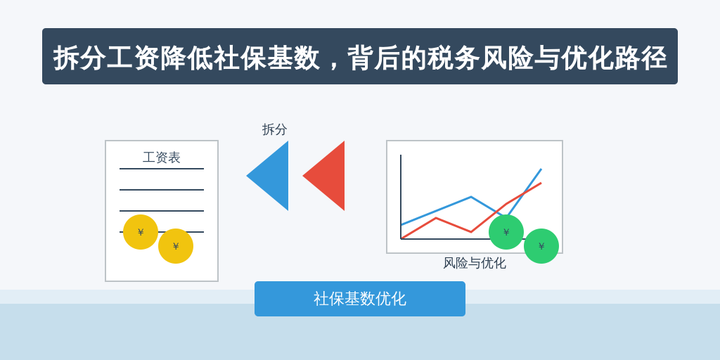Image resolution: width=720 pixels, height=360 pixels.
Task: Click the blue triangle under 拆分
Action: coord(274,176)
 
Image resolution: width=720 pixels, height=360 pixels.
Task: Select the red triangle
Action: coord(330,176)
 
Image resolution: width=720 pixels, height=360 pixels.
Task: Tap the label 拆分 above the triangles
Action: coord(275,129)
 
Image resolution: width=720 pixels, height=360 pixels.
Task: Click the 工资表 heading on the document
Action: coord(162,157)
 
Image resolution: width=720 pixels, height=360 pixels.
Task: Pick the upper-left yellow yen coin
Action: coord(141,232)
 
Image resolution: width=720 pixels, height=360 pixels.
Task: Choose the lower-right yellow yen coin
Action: coord(176,246)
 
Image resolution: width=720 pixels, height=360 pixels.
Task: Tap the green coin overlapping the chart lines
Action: coord(506,232)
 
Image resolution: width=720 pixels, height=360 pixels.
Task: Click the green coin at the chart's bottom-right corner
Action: coord(541,246)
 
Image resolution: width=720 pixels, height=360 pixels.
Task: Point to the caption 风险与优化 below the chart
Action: coord(475,263)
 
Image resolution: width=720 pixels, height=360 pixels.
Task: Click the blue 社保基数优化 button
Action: coord(360,299)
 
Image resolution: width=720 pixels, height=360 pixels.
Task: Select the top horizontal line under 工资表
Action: coord(162,169)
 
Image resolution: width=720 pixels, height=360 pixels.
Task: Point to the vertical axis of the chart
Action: coord(401,197)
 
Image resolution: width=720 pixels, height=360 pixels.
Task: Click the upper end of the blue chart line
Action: coord(541,169)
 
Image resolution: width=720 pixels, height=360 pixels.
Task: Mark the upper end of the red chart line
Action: coord(541,183)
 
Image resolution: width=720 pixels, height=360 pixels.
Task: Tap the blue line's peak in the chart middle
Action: coord(471,197)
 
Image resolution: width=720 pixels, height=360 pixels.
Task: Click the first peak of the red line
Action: coord(436,218)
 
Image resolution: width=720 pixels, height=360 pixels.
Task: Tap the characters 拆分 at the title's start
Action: coord(80,58)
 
